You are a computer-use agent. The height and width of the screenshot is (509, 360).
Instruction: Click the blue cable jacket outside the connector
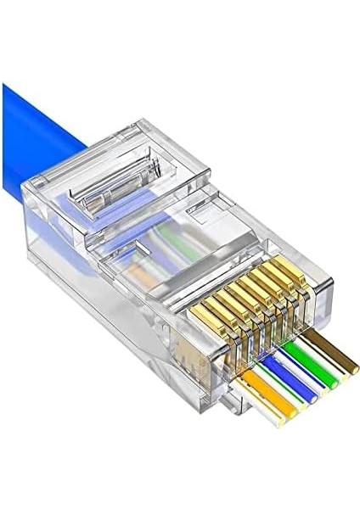(x=42, y=127)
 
